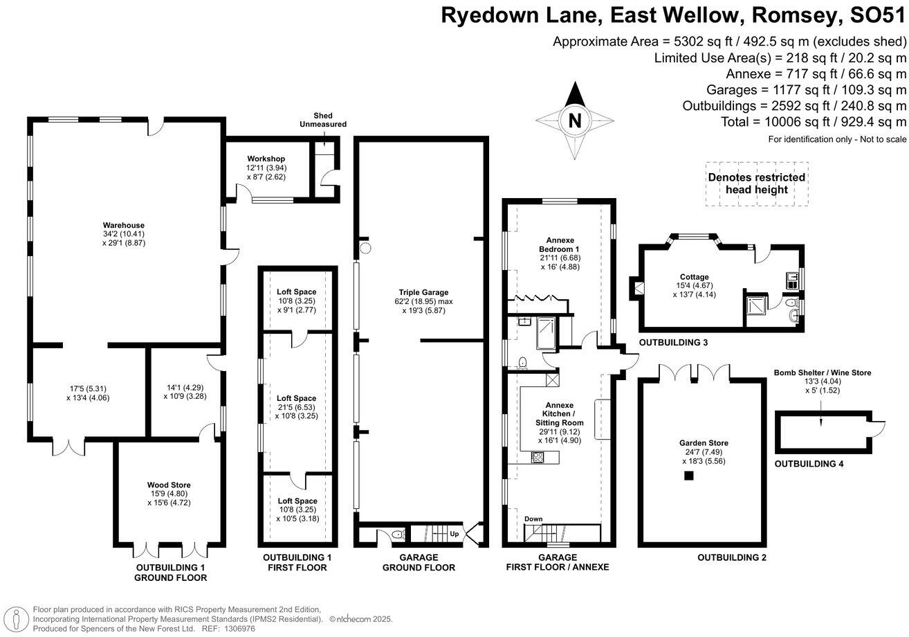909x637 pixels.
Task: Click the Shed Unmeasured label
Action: click(x=322, y=119)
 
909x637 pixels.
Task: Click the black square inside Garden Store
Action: click(x=688, y=476)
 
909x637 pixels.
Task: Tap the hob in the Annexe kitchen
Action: click(x=538, y=456)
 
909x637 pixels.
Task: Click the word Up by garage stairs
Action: click(x=454, y=535)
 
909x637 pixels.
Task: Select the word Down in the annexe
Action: click(x=533, y=519)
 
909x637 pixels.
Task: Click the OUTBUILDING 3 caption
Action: click(x=673, y=343)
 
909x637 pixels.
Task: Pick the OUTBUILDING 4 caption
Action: click(x=809, y=464)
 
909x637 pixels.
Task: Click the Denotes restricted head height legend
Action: click(x=756, y=183)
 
